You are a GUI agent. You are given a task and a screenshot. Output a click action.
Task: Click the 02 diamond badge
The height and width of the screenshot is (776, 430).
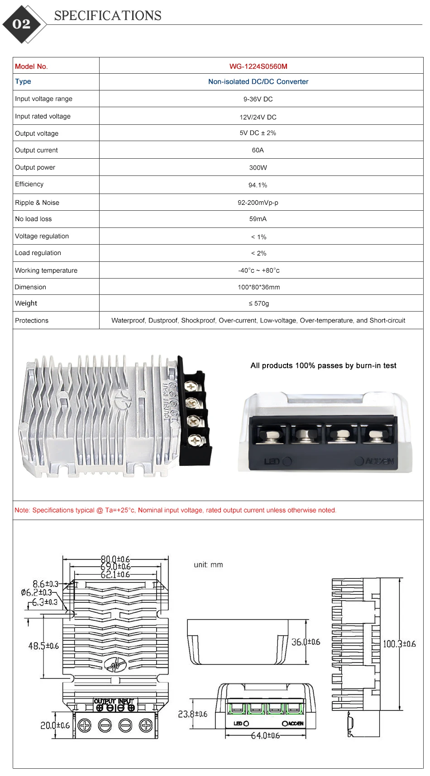point(22,24)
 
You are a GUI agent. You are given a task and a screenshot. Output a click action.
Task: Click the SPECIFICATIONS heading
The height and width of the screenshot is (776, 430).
point(108,16)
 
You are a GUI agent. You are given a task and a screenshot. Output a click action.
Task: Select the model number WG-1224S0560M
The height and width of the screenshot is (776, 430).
point(258,66)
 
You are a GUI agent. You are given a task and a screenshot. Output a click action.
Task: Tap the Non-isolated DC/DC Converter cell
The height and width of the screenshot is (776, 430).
point(258,82)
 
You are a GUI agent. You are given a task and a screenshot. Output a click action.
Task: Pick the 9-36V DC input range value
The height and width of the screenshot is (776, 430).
point(258,99)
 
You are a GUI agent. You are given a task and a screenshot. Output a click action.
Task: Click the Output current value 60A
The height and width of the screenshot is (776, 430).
point(258,150)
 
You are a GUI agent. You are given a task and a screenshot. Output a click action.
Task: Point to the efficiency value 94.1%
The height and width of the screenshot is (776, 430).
point(258,185)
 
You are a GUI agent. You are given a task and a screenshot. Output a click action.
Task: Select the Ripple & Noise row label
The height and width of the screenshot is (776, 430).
point(37,203)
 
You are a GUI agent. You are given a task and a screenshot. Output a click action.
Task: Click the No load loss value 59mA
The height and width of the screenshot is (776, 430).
point(258,219)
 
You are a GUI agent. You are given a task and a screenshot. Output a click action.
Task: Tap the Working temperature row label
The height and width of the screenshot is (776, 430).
point(46,270)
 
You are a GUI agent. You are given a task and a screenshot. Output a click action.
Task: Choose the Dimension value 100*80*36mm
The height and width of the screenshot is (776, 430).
point(258,287)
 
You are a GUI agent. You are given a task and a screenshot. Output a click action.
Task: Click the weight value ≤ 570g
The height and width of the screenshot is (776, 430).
point(258,303)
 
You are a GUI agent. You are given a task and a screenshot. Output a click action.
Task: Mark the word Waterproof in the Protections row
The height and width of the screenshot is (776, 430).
point(128,321)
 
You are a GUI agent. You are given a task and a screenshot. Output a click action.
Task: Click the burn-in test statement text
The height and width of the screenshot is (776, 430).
point(323,365)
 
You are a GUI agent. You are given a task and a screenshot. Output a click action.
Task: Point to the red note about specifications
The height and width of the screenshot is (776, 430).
point(175,510)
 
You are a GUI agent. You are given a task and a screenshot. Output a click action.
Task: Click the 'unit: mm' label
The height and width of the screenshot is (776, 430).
point(208,565)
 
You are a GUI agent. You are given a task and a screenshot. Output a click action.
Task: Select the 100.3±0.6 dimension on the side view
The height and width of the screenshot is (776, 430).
point(399,644)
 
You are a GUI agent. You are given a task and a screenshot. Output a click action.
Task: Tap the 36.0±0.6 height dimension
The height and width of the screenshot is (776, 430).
point(306,642)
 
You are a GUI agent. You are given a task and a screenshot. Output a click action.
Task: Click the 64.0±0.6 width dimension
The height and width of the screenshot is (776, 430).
point(265,736)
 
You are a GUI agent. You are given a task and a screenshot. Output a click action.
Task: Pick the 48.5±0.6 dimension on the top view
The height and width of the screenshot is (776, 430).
point(43,646)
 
